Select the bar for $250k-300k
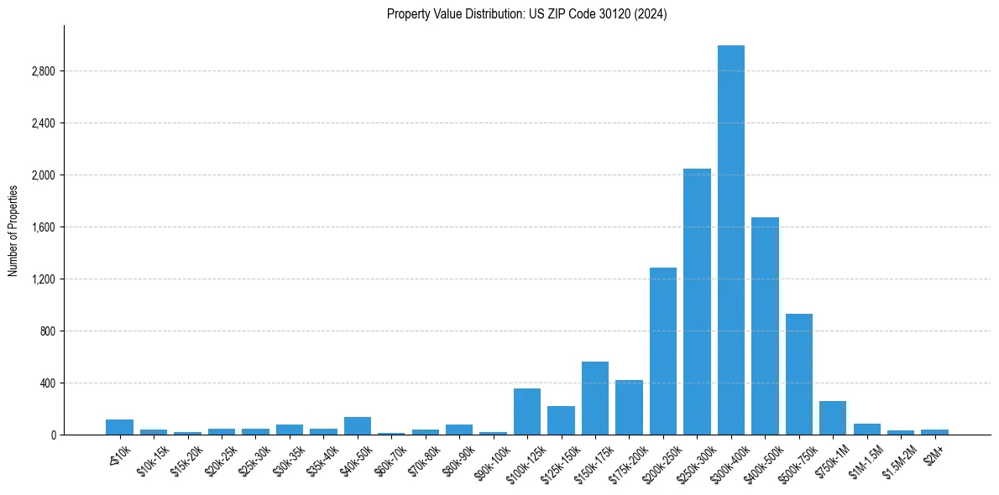[x=697, y=302]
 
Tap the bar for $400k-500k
[x=765, y=326]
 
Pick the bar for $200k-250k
[x=663, y=352]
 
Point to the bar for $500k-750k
[x=799, y=374]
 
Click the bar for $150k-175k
[x=595, y=399]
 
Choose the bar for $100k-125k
[x=527, y=412]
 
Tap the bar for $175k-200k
[x=629, y=408]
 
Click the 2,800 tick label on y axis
[x=43, y=71]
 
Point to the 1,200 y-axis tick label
[x=43, y=279]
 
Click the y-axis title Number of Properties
[x=13, y=231]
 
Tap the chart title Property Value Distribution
[x=527, y=14]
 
